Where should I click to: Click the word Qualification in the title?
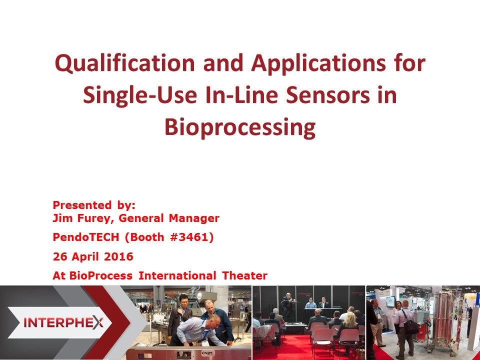coord(125,63)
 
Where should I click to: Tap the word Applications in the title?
coord(318,63)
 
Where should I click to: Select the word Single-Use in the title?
coord(140,95)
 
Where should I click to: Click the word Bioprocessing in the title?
coord(240,127)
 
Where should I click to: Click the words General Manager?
coord(169,218)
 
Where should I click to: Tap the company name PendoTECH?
coord(85,237)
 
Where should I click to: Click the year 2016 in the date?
coord(118,256)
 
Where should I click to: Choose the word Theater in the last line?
coord(244,276)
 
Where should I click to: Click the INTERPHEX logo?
coord(63,322)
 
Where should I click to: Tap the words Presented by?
coord(94,205)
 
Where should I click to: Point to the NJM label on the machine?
coord(208,353)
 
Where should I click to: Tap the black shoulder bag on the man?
coord(411,326)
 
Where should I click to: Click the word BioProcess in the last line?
coord(100,276)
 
